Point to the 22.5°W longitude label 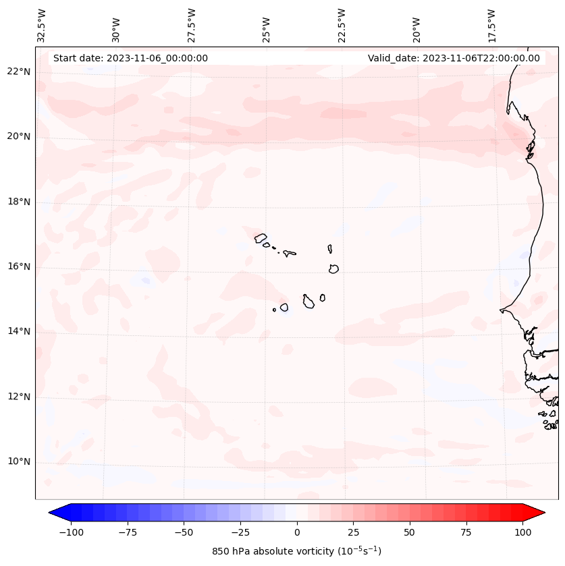(342, 24)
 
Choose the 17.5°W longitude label (491, 24)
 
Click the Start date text (130, 58)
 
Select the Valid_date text (454, 58)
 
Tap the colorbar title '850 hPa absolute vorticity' (296, 551)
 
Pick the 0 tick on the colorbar (296, 532)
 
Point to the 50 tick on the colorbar (409, 532)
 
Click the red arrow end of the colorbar (535, 513)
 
